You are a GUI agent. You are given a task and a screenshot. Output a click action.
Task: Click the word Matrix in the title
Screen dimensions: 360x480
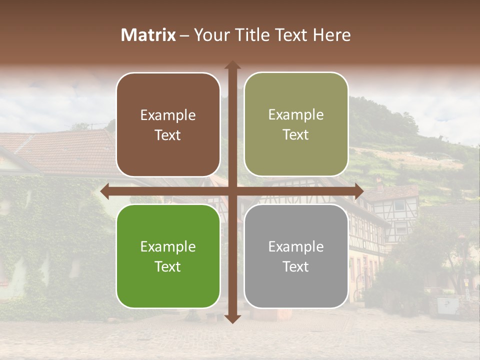148,35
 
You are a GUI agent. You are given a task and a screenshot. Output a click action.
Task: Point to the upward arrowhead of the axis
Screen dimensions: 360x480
232,65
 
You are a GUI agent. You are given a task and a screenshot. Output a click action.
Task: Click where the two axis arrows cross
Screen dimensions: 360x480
232,191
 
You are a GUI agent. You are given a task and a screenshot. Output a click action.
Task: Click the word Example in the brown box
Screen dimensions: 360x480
168,115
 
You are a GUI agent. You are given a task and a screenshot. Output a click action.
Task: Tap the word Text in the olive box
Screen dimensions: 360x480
296,135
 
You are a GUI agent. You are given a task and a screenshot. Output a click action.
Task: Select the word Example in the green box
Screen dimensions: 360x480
168,247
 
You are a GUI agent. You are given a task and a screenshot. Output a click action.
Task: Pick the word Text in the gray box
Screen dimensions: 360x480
296,266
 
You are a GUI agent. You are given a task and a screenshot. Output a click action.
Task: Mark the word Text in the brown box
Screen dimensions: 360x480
168,135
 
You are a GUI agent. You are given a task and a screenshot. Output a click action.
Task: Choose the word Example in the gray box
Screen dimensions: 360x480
296,247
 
